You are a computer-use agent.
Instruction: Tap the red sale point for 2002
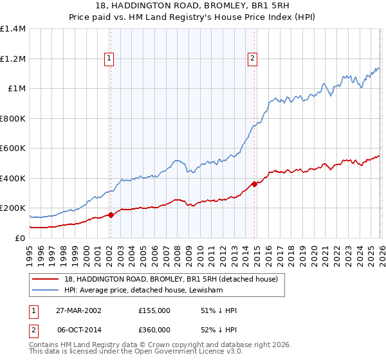point(111,215)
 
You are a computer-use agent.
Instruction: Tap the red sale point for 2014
point(254,184)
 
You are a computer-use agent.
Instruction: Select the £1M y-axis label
point(16,89)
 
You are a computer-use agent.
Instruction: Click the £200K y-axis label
point(12,208)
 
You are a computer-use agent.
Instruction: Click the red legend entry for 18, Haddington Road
point(170,279)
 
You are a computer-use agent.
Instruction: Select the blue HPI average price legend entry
point(143,291)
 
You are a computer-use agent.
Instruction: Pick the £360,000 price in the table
point(154,330)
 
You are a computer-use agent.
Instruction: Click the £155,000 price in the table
point(154,310)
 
